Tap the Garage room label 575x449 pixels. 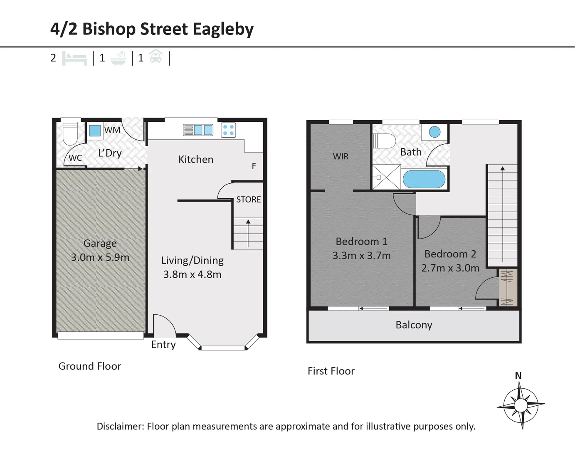[x=100, y=243]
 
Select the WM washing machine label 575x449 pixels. [x=112, y=130]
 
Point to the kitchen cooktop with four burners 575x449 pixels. [x=228, y=130]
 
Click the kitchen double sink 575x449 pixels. [x=198, y=130]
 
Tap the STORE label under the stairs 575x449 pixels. [x=249, y=200]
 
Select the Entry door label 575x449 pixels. [x=163, y=345]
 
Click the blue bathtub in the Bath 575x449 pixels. [x=424, y=180]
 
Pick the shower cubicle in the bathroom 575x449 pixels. [x=387, y=177]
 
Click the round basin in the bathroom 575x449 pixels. [x=434, y=132]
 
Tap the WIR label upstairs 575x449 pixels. [x=341, y=156]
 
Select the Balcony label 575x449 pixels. [x=414, y=325]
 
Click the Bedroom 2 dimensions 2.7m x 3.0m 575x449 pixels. [x=450, y=268]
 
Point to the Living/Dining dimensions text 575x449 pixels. [x=192, y=274]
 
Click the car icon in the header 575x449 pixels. [x=155, y=57]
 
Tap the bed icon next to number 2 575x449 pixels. [x=74, y=58]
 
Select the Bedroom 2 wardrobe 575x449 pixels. [x=508, y=288]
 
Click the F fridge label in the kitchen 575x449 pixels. [x=254, y=166]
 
